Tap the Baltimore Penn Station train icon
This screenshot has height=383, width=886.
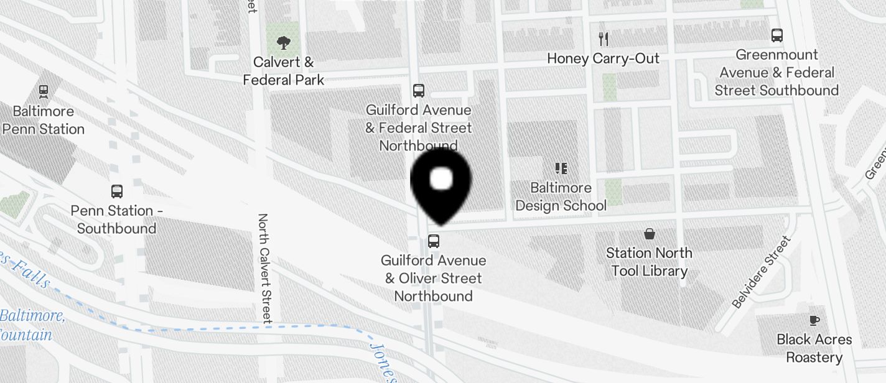[44, 91]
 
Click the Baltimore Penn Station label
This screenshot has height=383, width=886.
[44, 120]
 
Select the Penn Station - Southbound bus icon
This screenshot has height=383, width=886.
[117, 191]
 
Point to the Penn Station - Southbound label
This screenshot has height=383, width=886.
[116, 219]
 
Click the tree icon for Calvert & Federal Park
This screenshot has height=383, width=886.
[284, 43]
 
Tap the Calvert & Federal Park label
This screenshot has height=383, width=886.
[284, 71]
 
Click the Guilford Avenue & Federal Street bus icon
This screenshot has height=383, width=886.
[419, 91]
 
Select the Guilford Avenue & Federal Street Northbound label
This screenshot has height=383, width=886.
[419, 127]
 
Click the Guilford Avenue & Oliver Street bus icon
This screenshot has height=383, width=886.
[434, 241]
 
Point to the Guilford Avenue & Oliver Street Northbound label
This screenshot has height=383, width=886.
[434, 278]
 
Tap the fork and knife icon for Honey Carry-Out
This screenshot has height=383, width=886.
[603, 39]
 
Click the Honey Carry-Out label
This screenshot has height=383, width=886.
[603, 58]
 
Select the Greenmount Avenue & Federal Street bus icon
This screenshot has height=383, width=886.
[777, 35]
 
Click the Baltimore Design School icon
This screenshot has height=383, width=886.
[561, 168]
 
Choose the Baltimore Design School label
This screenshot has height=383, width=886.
[561, 196]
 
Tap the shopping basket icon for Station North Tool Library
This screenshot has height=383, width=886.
[650, 234]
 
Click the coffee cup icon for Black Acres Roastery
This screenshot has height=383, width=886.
[814, 321]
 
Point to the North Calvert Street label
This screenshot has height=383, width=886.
[264, 269]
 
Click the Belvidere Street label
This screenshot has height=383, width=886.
[761, 272]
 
